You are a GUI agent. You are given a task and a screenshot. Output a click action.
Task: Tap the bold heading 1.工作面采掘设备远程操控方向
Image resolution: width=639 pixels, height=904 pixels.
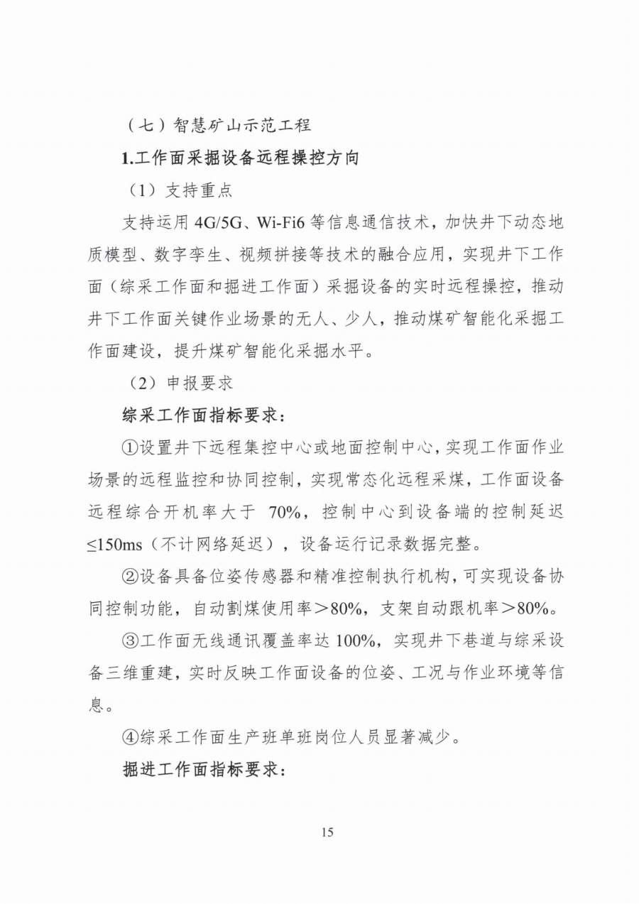pos(241,158)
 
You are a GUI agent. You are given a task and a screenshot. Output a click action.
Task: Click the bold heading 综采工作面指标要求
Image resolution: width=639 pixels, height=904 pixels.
pos(204,415)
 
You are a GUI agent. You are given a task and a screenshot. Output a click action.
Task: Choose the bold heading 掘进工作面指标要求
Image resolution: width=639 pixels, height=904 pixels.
pos(204,770)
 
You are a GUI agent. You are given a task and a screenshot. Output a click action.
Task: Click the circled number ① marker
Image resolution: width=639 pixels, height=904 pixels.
pos(131,448)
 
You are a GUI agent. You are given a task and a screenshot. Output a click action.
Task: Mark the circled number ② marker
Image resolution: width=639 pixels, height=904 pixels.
pos(131,577)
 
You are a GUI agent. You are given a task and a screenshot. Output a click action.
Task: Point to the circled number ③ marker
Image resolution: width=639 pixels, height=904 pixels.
pos(131,641)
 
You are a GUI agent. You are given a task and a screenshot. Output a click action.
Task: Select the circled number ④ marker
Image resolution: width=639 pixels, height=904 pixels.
pos(131,738)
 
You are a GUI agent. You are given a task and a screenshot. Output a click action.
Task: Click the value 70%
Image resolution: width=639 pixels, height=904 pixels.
pos(287,513)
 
